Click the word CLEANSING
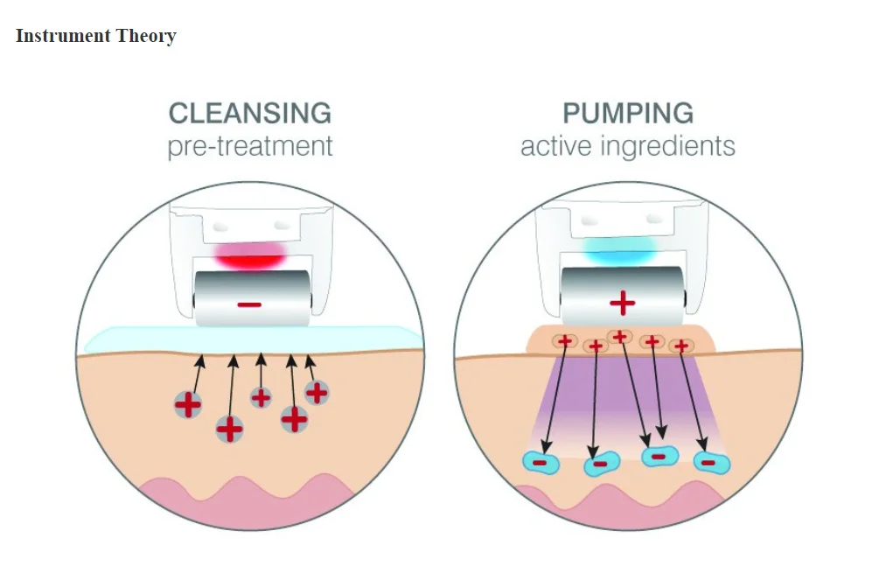[250, 113]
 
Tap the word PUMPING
[628, 113]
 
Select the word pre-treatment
[250, 146]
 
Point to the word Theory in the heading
[146, 36]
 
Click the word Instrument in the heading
[63, 36]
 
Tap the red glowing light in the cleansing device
[250, 255]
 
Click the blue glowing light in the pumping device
[621, 250]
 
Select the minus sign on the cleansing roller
[249, 304]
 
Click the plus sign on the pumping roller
[622, 303]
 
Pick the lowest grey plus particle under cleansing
[229, 429]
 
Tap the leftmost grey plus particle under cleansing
[188, 404]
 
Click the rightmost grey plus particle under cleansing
[317, 392]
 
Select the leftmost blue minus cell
[541, 463]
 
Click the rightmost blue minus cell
[711, 463]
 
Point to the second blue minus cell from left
[602, 465]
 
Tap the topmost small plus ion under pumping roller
[620, 337]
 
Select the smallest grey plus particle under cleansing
[261, 397]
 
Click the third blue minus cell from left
[660, 456]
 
